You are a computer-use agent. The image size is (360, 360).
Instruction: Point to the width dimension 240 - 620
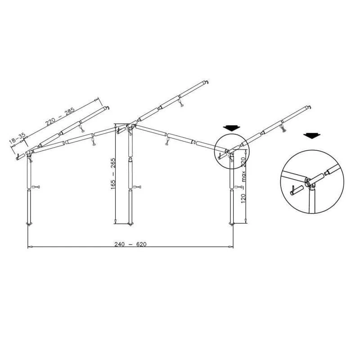(x=130, y=244)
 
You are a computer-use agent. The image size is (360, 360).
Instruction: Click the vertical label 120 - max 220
(x=243, y=180)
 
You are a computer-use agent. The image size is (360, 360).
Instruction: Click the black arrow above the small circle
(x=232, y=127)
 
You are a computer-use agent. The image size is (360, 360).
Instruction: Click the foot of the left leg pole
(x=30, y=223)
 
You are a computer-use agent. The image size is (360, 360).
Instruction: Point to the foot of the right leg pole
(x=232, y=223)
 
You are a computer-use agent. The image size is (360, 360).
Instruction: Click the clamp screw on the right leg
(x=238, y=187)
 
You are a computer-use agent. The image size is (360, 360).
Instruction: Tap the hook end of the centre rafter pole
(x=207, y=82)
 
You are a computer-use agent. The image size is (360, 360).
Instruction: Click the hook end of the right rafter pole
(x=309, y=107)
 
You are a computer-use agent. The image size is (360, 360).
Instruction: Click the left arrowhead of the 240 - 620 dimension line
(x=29, y=247)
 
